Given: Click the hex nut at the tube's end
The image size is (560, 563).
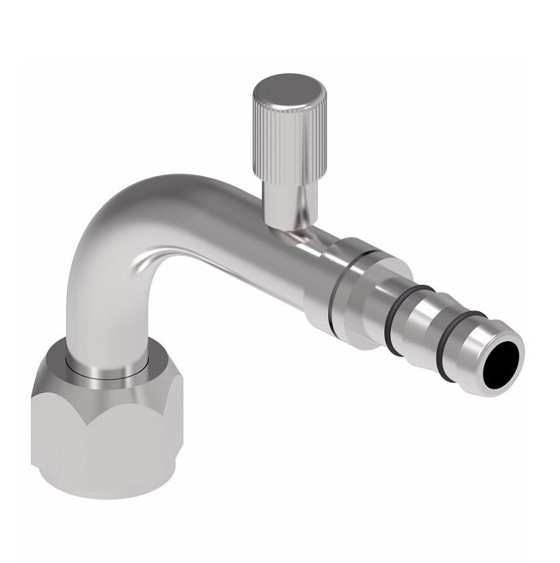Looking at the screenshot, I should (106, 425).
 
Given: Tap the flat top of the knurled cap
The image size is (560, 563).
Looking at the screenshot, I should (289, 90).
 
